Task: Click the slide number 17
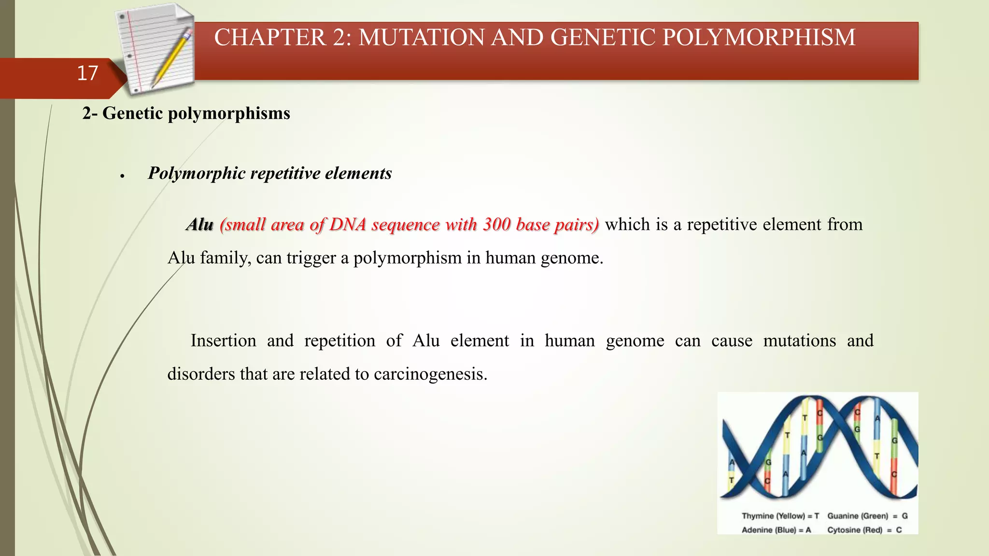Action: (x=87, y=73)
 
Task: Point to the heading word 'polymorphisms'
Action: (x=229, y=113)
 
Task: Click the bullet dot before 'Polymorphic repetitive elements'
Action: (x=123, y=176)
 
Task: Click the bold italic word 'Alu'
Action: (x=200, y=224)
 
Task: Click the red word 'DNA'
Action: (x=348, y=224)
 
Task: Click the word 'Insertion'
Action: (x=223, y=341)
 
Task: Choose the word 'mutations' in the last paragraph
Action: (x=799, y=341)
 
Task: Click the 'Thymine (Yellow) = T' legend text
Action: (x=780, y=516)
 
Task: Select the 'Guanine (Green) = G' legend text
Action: (x=867, y=516)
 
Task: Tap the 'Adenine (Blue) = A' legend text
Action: (x=776, y=530)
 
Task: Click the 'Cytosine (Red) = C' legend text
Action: (x=864, y=530)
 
